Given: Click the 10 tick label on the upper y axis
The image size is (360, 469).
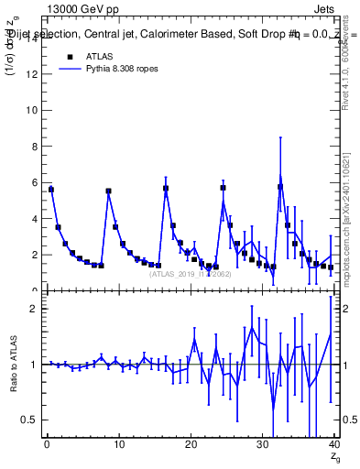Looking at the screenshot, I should coord(33,112).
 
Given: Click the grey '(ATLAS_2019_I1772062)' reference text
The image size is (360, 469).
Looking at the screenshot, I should coord(190,274).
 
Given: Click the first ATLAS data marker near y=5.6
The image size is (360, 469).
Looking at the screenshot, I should coord(51,190).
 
